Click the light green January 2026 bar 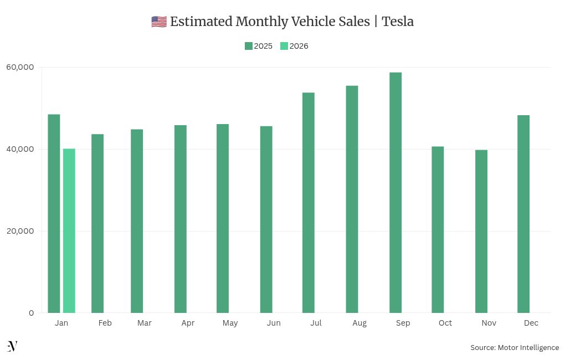69,230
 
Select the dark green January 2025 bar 54,213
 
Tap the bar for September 395,192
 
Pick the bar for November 481,231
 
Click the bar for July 309,202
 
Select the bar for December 523,214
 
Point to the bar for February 97,223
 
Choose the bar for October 438,229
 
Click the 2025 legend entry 259,46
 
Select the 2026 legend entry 294,46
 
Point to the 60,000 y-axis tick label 20,67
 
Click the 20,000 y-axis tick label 20,231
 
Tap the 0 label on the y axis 31,313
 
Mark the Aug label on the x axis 359,323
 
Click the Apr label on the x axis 188,323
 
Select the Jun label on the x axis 273,323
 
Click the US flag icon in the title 158,22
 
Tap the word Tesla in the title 398,22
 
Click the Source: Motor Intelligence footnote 515,347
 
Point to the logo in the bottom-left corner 12,346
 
